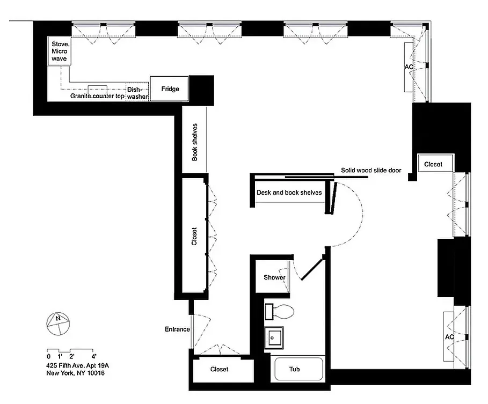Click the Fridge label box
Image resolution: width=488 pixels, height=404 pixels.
pos(170,89)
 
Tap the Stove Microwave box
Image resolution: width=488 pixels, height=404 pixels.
pos(59,51)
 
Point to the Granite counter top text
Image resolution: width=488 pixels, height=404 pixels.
pos(98,97)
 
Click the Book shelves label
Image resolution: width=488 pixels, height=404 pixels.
pos(195,142)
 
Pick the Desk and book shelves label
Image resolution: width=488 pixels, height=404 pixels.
pos(289,192)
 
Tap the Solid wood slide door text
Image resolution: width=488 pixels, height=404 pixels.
pos(371,171)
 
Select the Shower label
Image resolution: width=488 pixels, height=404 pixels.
pos(274,277)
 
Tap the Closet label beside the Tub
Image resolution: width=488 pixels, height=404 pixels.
pos(219,369)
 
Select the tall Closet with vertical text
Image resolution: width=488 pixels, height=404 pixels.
pos(194,236)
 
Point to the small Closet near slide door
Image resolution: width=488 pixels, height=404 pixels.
pos(434,164)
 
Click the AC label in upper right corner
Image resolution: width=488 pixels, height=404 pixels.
pos(409,67)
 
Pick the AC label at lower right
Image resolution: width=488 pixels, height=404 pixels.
pos(450,337)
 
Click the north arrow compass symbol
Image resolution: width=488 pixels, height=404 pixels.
pos(56,321)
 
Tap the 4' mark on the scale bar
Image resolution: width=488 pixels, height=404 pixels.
pos(94,356)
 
